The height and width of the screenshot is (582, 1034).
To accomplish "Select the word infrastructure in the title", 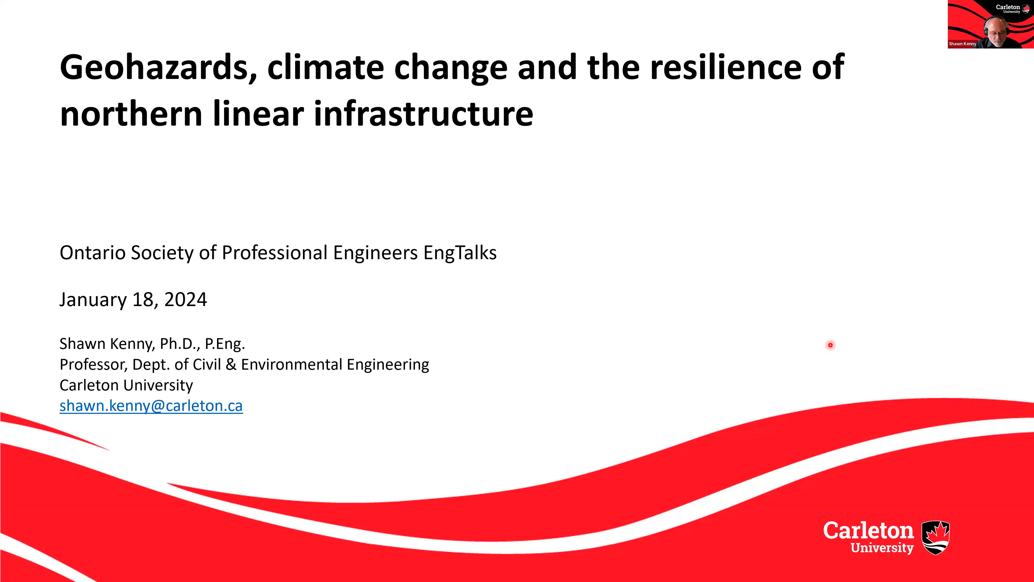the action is (x=424, y=114).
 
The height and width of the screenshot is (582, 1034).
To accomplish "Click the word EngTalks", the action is (x=460, y=253).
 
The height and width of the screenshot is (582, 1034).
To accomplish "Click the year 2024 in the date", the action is (x=186, y=300).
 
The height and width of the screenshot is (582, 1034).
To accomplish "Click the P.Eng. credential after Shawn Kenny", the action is (x=225, y=344).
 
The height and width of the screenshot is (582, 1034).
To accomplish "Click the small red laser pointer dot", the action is (x=830, y=345).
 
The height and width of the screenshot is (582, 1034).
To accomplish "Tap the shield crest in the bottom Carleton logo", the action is (x=935, y=538).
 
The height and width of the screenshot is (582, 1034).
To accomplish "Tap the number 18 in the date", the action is (x=142, y=300).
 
